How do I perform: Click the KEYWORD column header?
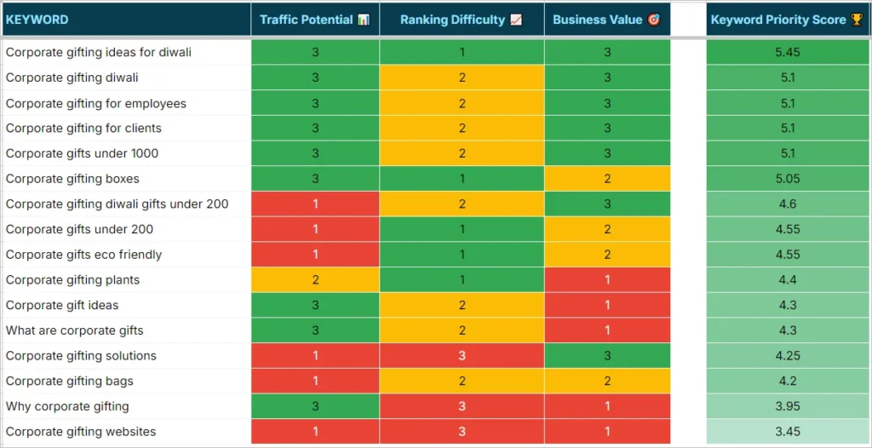[x=37, y=20]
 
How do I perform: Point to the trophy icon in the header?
[x=856, y=20]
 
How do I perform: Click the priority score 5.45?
[x=788, y=52]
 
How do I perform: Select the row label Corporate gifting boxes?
[x=72, y=179]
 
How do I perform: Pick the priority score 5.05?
[x=788, y=179]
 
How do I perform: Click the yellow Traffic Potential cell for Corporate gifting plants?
[x=315, y=279]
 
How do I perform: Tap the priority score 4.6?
[x=788, y=204]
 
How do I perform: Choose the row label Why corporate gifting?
[x=67, y=406]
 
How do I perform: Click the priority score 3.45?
[x=788, y=432]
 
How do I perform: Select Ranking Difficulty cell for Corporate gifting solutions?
[x=462, y=356]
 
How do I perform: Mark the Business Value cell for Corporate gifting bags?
[x=607, y=381]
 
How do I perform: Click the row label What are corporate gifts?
[x=75, y=330]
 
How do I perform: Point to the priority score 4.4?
[x=788, y=279]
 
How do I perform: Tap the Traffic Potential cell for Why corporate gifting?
[x=315, y=406]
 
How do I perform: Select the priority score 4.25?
[x=788, y=356]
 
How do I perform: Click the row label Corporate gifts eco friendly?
[x=83, y=255]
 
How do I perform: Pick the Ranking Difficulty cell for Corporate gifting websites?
[x=462, y=432]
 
